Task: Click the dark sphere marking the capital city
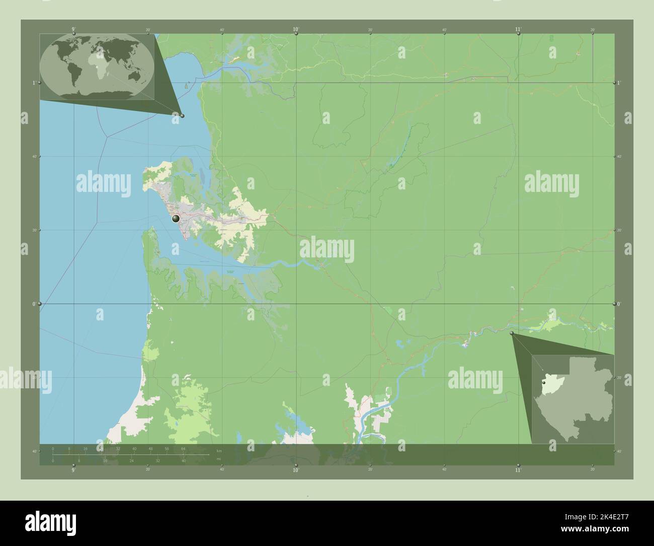[x=176, y=219]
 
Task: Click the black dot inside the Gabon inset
[x=544, y=383]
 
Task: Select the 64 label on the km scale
[x=184, y=448]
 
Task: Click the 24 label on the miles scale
[x=131, y=460]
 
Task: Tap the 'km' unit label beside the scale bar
[x=219, y=450]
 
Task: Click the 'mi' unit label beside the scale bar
[x=218, y=458]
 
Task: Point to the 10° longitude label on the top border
[x=296, y=30]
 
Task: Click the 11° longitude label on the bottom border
[x=518, y=470]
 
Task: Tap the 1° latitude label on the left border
[x=34, y=83]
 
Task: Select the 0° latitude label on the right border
[x=619, y=304]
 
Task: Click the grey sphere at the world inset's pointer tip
[x=182, y=116]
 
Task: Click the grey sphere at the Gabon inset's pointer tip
[x=512, y=333]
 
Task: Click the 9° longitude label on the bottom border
[x=74, y=470]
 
